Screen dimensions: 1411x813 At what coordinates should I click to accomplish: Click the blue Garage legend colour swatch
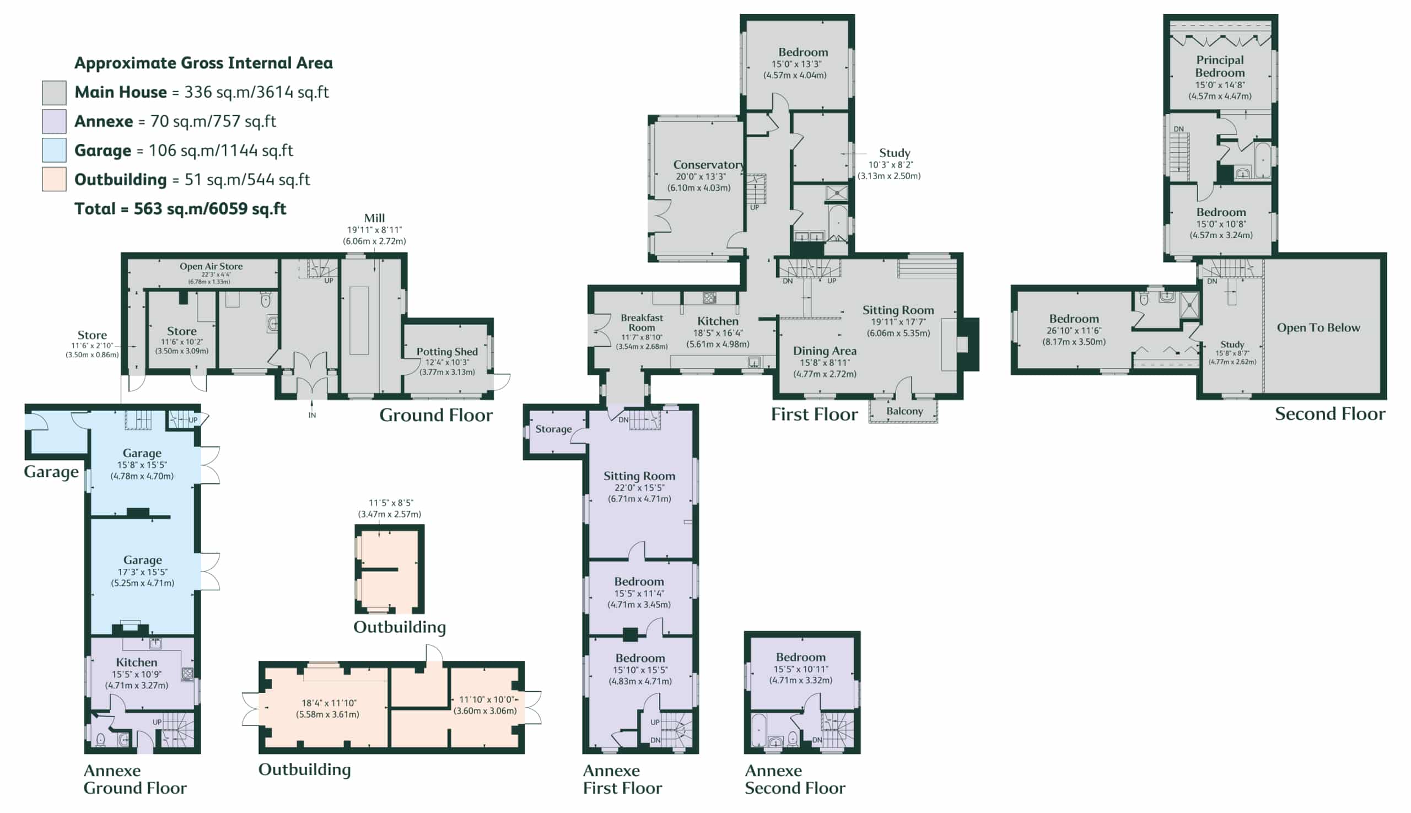point(54,150)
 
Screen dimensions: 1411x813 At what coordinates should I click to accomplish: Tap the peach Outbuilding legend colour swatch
point(54,179)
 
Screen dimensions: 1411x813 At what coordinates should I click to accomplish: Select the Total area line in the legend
point(180,209)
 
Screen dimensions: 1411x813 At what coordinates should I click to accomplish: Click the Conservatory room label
point(709,165)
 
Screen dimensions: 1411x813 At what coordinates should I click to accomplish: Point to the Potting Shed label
point(446,352)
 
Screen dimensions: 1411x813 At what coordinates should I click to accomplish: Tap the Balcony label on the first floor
point(904,411)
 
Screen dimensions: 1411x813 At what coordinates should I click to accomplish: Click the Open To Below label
point(1318,328)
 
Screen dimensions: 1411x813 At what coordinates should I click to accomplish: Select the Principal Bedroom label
point(1220,67)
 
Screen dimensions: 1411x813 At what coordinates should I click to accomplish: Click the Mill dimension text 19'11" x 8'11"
point(374,230)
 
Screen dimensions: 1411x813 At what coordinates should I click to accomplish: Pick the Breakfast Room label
point(642,323)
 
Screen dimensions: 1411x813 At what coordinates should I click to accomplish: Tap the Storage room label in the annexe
point(553,429)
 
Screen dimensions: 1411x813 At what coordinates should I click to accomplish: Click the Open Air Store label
point(211,266)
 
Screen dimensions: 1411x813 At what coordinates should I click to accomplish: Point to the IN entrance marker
point(312,416)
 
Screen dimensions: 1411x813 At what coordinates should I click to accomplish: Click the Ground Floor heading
point(436,416)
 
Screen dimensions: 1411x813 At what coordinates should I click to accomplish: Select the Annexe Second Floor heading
point(795,779)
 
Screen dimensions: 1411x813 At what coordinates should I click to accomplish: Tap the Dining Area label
point(825,351)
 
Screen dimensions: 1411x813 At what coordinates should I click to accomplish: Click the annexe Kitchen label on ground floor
point(136,662)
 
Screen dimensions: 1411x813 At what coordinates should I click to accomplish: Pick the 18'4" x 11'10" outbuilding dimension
point(329,703)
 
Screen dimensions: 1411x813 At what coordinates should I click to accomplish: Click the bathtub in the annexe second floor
point(758,730)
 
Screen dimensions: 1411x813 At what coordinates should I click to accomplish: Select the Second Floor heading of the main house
point(1330,414)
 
